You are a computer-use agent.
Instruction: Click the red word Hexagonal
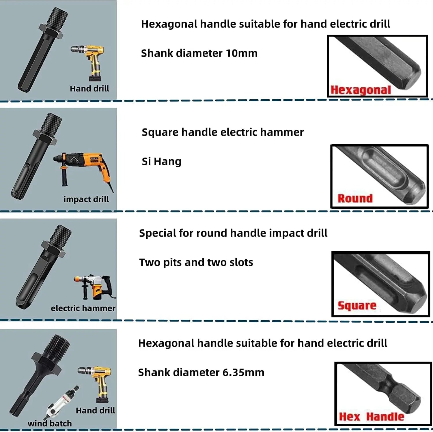(361, 90)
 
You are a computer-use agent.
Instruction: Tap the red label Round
(355, 199)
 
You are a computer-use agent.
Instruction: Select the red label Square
(357, 305)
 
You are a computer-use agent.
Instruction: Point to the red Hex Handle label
(371, 416)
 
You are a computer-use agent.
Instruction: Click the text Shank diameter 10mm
(199, 53)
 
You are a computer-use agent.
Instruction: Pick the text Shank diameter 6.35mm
(201, 372)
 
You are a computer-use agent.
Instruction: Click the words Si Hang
(161, 161)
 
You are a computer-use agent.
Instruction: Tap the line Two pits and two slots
(196, 262)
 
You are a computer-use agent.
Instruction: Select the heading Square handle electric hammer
(223, 132)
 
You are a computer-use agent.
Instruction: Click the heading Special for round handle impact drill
(233, 233)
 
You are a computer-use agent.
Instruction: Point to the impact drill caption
(86, 199)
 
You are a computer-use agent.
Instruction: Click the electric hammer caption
(83, 308)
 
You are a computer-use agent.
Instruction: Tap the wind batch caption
(50, 423)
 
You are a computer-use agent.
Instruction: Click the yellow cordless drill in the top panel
(89, 61)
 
